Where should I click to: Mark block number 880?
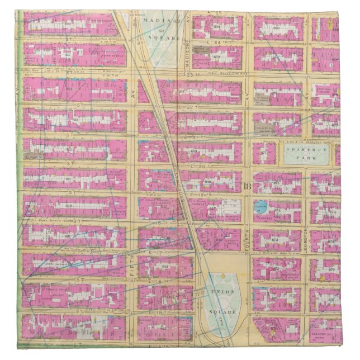click(277, 26)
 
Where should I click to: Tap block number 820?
click(70, 206)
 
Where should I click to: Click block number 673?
click(275, 239)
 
